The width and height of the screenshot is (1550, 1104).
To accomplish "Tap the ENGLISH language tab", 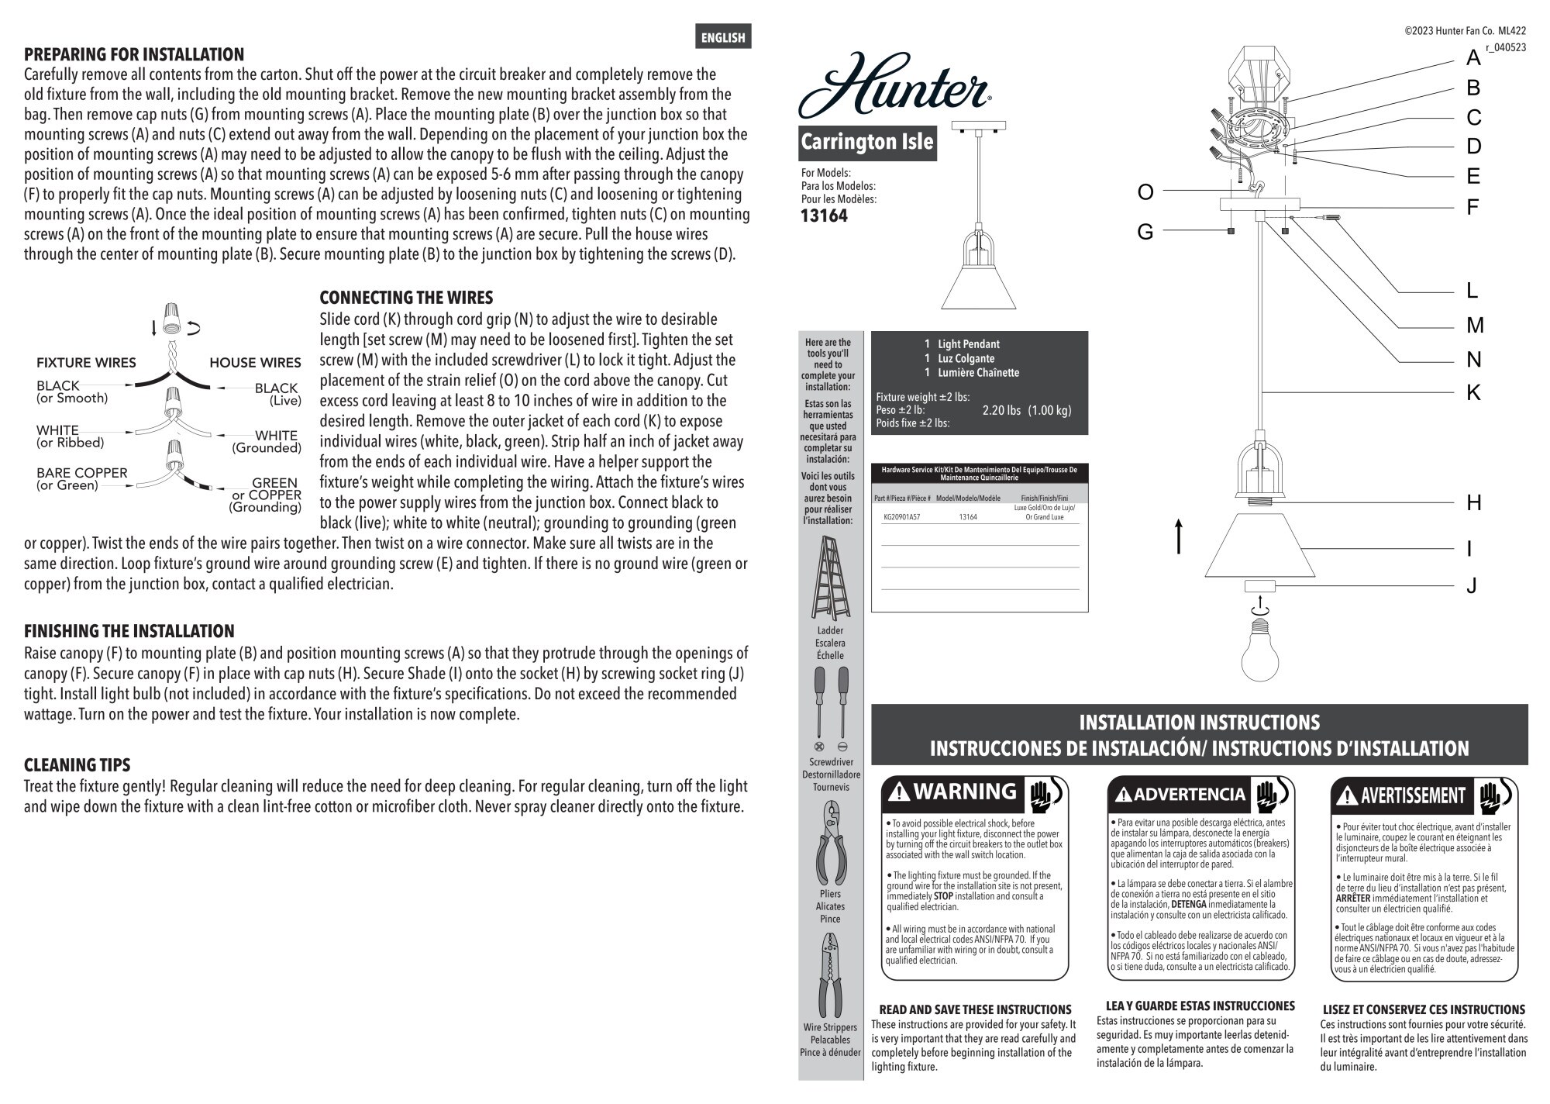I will point(722,37).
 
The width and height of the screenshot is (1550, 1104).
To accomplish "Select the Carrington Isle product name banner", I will point(866,143).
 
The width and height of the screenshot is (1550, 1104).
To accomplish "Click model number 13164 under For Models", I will point(824,216).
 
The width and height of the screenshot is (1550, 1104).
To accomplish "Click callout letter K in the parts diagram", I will point(1473,393).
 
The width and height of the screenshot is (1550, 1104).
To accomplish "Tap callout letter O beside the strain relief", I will point(1145,192).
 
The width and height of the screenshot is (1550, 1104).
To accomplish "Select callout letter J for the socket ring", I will point(1472,585).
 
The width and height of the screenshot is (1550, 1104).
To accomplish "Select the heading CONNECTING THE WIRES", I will point(406,298).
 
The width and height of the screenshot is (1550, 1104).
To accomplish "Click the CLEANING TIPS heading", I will point(77,765).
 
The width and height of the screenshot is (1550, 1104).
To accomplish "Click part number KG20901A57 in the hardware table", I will point(901,517).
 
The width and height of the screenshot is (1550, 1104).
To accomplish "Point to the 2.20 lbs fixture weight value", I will point(1001,411).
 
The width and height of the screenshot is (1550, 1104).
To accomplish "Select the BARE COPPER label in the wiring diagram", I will point(81,473).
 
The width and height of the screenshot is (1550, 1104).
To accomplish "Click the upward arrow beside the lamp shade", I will point(1179,536).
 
